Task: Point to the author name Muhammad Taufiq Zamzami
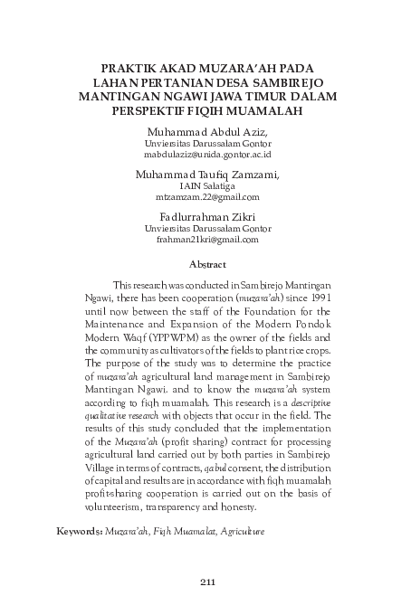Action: (207, 174)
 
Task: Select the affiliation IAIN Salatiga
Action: (206, 185)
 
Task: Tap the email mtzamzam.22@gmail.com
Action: (207, 197)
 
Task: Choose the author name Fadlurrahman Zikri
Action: (206, 216)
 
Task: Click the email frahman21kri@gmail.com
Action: (207, 240)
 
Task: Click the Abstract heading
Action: (206, 265)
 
